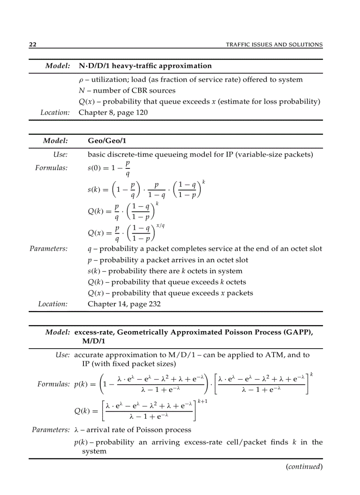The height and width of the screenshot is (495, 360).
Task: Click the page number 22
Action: (32, 45)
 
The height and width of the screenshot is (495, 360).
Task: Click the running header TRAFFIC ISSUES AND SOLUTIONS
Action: (274, 45)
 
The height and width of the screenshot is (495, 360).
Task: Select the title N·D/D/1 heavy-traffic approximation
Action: (145, 66)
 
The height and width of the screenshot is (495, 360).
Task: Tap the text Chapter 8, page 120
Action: (113, 112)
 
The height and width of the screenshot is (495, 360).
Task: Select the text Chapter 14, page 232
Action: (124, 304)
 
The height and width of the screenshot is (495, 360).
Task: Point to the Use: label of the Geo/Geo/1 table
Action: (60, 155)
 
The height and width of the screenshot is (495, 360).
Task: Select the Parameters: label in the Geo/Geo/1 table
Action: (49, 249)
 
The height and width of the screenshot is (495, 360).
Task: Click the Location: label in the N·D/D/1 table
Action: (55, 112)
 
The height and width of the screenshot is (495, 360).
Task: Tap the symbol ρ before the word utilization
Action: (81, 80)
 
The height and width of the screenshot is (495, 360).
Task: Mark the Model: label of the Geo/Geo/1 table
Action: (55, 141)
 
